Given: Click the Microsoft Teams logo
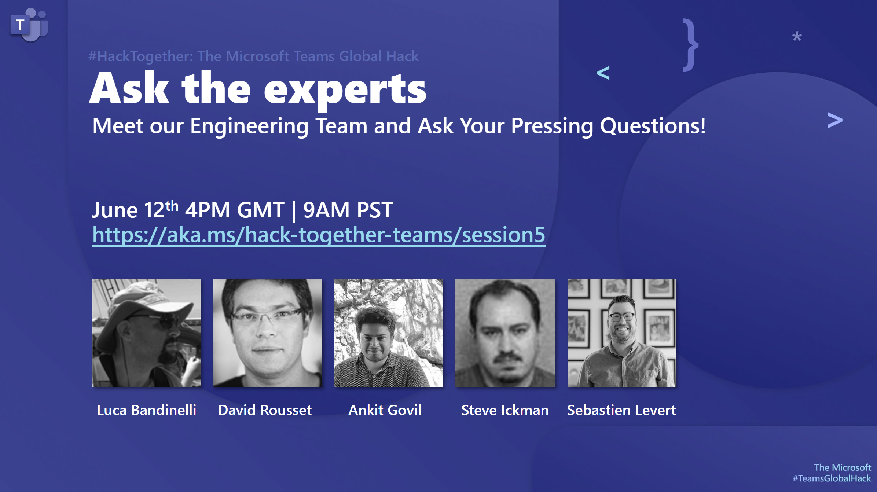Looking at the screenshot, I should click(x=29, y=25).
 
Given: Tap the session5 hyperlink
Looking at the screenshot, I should click(x=319, y=235).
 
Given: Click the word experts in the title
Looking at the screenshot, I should click(x=345, y=89).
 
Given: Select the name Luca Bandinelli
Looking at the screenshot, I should click(x=146, y=410).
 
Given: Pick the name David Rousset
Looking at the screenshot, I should click(x=265, y=410).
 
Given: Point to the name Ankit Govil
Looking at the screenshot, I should click(x=385, y=410).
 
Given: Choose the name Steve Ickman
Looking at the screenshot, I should click(x=505, y=410).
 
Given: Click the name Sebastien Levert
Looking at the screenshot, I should click(x=621, y=410).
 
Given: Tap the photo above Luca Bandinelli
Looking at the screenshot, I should click(x=146, y=333).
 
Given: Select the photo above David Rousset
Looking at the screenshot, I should click(x=267, y=333).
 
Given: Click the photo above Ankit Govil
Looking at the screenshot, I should click(x=388, y=333).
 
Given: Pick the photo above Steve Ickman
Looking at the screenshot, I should click(x=505, y=333).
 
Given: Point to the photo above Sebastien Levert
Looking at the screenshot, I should click(x=621, y=333).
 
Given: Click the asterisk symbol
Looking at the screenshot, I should click(x=797, y=37).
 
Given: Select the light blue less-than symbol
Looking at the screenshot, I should click(x=603, y=73).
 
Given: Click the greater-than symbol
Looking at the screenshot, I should click(x=835, y=120).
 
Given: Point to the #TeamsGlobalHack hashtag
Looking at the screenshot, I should click(x=832, y=478).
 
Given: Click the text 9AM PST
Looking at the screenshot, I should click(x=348, y=210).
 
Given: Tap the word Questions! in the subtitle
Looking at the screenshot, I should click(x=653, y=126).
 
